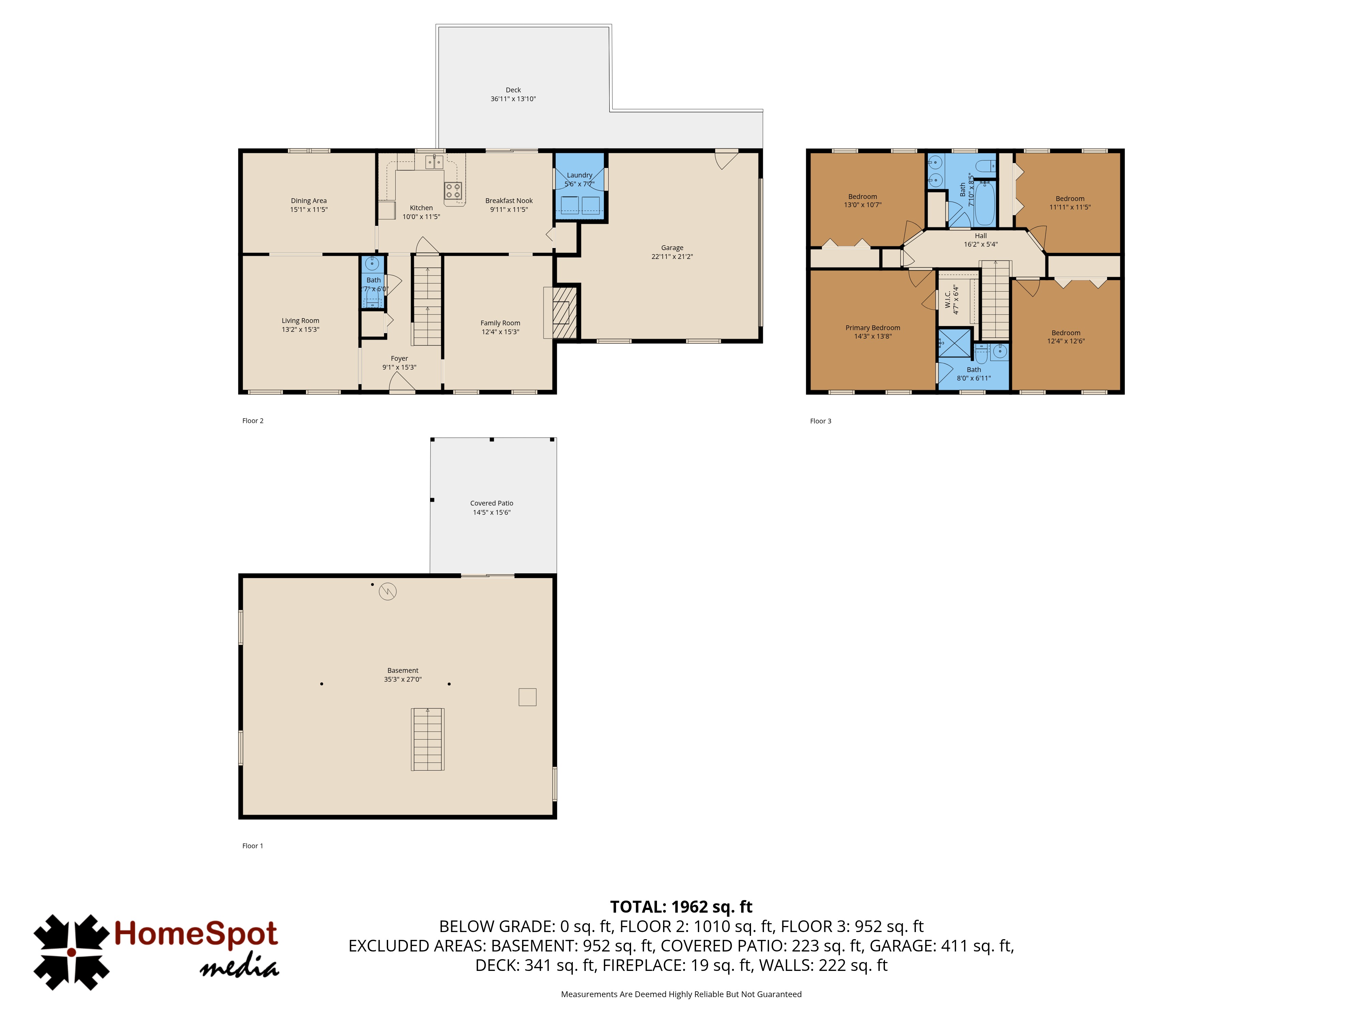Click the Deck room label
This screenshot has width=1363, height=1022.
(513, 90)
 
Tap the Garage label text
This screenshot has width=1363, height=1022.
(672, 248)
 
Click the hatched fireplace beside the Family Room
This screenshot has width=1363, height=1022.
(564, 312)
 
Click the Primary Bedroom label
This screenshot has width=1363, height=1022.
(873, 328)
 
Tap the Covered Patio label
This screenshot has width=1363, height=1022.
(492, 503)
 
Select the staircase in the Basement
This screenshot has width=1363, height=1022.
(428, 739)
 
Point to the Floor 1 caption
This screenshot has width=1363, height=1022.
(252, 846)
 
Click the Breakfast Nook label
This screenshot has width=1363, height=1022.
(509, 201)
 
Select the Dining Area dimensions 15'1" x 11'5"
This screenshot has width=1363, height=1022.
(309, 210)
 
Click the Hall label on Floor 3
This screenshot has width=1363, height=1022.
(981, 236)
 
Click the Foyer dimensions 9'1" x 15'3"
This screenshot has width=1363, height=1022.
(399, 367)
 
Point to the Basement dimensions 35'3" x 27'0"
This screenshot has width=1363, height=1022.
(403, 680)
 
